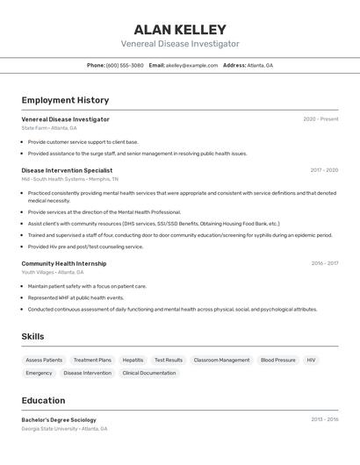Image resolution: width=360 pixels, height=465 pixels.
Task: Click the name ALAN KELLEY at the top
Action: point(180,30)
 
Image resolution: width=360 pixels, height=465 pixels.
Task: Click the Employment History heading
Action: point(65,100)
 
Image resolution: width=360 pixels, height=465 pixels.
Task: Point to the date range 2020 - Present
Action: point(320,119)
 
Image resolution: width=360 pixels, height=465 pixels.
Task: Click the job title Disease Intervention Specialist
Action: point(67,170)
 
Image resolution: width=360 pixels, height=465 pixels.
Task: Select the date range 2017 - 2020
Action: point(324,170)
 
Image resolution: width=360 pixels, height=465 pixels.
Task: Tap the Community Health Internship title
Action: point(64,263)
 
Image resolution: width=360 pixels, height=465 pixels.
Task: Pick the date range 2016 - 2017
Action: point(324,263)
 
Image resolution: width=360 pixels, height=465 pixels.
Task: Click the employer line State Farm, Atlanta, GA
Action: point(49,128)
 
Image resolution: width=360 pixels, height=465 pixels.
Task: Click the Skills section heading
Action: point(33,336)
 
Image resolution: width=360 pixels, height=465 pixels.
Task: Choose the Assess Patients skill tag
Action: point(44,360)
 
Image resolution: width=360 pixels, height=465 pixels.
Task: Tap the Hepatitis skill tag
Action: point(133,360)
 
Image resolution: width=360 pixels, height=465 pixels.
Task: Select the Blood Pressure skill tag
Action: point(277,360)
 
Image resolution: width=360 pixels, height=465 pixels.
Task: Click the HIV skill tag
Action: point(311,360)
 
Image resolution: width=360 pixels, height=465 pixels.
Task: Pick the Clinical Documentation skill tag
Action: point(149,373)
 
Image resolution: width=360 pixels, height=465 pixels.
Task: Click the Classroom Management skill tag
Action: point(221,360)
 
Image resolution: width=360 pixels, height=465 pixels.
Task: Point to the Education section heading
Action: point(43,400)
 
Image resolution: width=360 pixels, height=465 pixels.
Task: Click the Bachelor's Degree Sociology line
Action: point(59,419)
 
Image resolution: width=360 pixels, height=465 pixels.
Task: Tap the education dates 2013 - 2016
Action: point(324,419)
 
